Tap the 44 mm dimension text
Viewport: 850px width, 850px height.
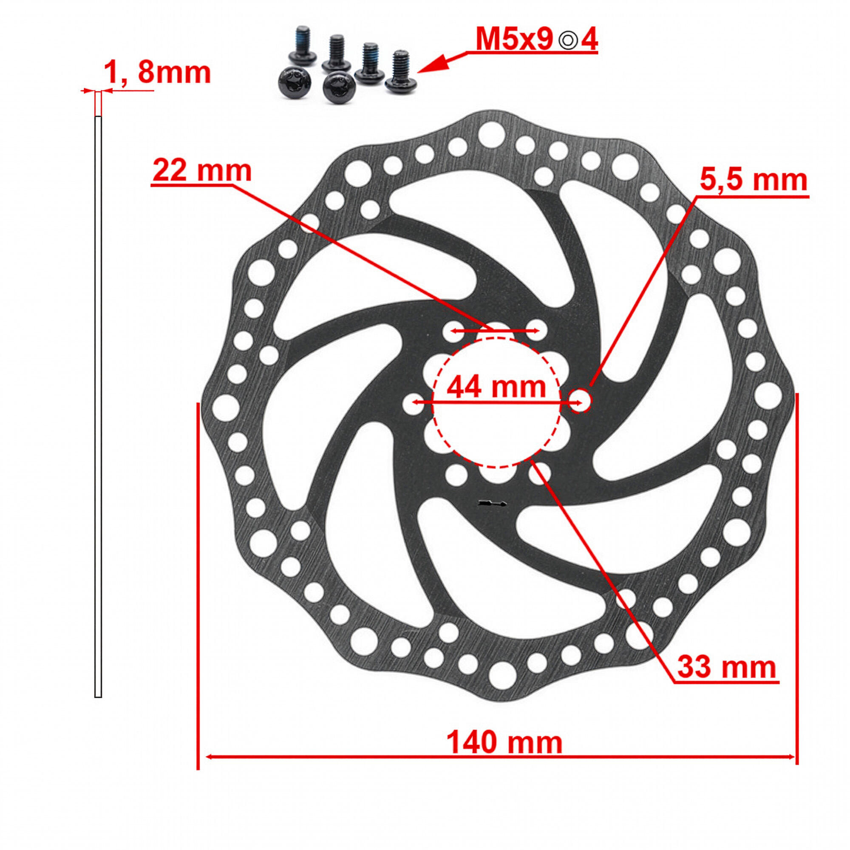coord(496,387)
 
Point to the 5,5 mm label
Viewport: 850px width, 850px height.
coord(754,180)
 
